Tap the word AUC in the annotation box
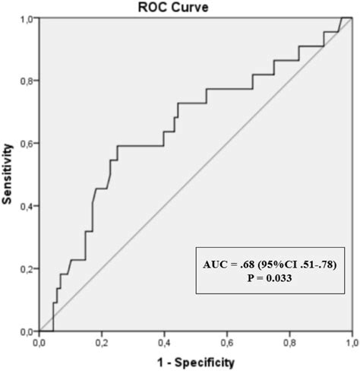pos(216,265)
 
